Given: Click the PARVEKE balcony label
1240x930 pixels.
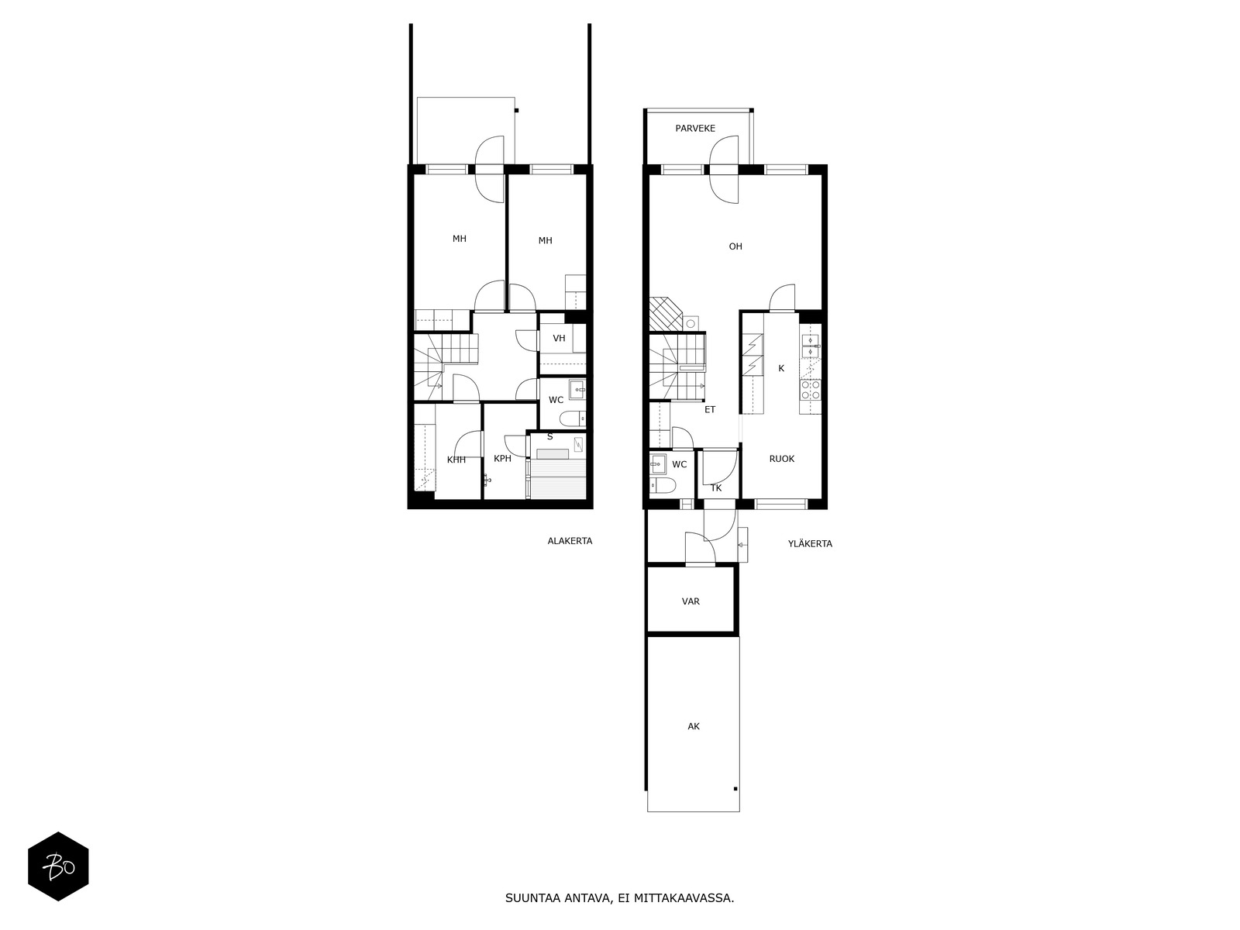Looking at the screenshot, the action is click(695, 128).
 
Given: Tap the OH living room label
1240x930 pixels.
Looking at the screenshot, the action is click(735, 246).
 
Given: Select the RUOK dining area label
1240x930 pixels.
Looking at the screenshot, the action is click(781, 459).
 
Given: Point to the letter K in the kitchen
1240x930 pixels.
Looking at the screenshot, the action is click(781, 368).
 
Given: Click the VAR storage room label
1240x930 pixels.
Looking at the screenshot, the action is click(691, 601).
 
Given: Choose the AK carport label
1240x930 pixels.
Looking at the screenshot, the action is click(693, 726).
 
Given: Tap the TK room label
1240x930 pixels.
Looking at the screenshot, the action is click(716, 488).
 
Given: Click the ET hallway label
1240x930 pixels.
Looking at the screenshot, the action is click(710, 409).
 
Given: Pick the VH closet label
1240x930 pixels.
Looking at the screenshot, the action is click(559, 338).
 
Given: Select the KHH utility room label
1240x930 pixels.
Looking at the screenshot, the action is click(456, 460).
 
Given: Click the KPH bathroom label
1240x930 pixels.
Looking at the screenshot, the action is click(502, 459).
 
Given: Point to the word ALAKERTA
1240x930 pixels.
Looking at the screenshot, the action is click(570, 541).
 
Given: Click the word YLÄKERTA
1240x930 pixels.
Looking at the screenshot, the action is click(810, 544).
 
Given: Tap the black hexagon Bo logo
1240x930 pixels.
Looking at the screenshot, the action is click(58, 866).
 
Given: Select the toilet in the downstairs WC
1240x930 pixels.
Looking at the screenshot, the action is click(572, 419).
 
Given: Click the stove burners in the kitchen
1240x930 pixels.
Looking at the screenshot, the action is click(811, 390).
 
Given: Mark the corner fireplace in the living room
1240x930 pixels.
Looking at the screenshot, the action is click(666, 314).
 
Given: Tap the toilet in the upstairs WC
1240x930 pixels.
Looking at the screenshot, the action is click(662, 486).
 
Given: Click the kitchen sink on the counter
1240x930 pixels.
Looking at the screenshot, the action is click(811, 346).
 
